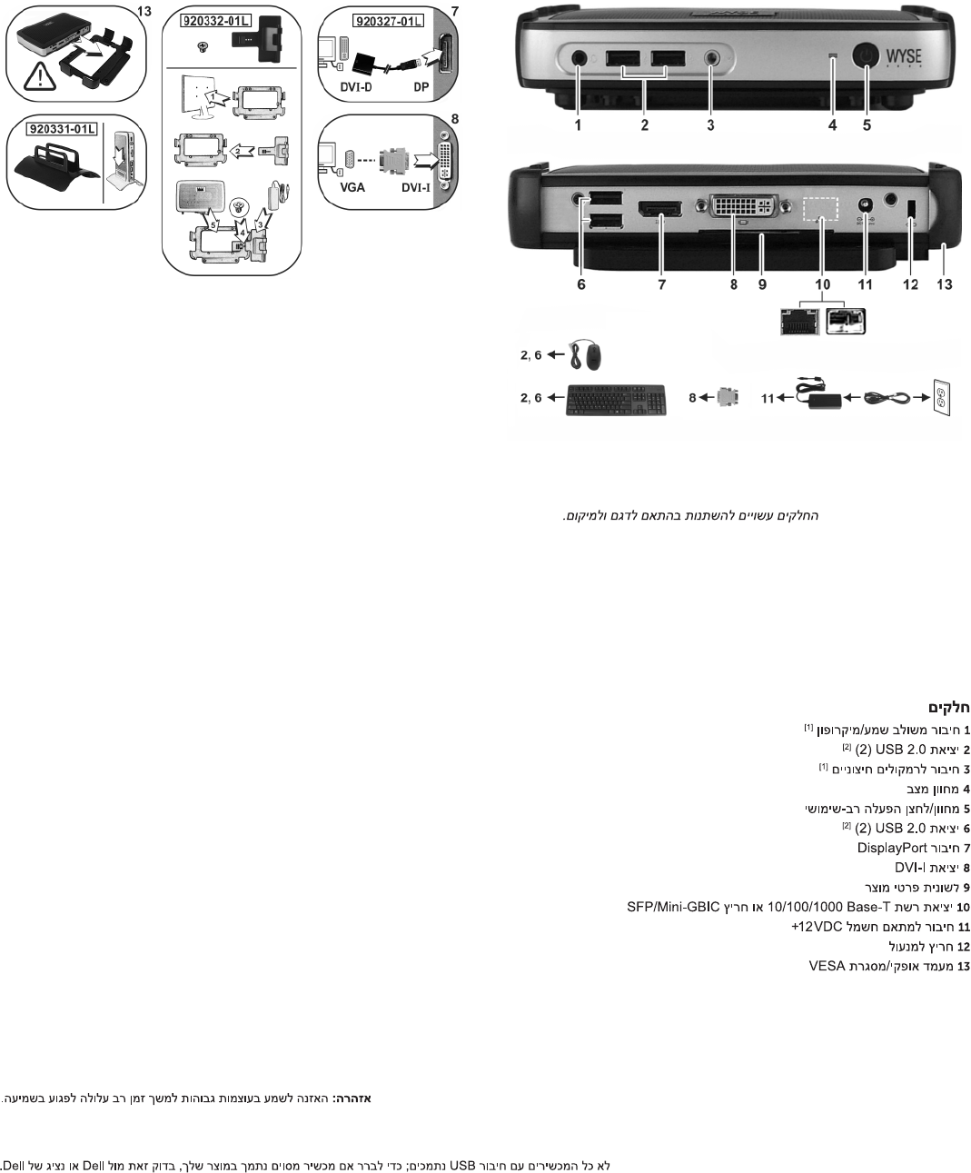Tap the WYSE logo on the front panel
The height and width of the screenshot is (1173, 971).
(903, 56)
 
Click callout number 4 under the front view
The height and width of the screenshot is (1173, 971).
(832, 125)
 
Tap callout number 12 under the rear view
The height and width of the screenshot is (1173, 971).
(910, 284)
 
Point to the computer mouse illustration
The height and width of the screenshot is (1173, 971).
(586, 355)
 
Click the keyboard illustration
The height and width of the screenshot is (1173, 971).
(616, 400)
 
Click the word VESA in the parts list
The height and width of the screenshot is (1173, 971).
(827, 966)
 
